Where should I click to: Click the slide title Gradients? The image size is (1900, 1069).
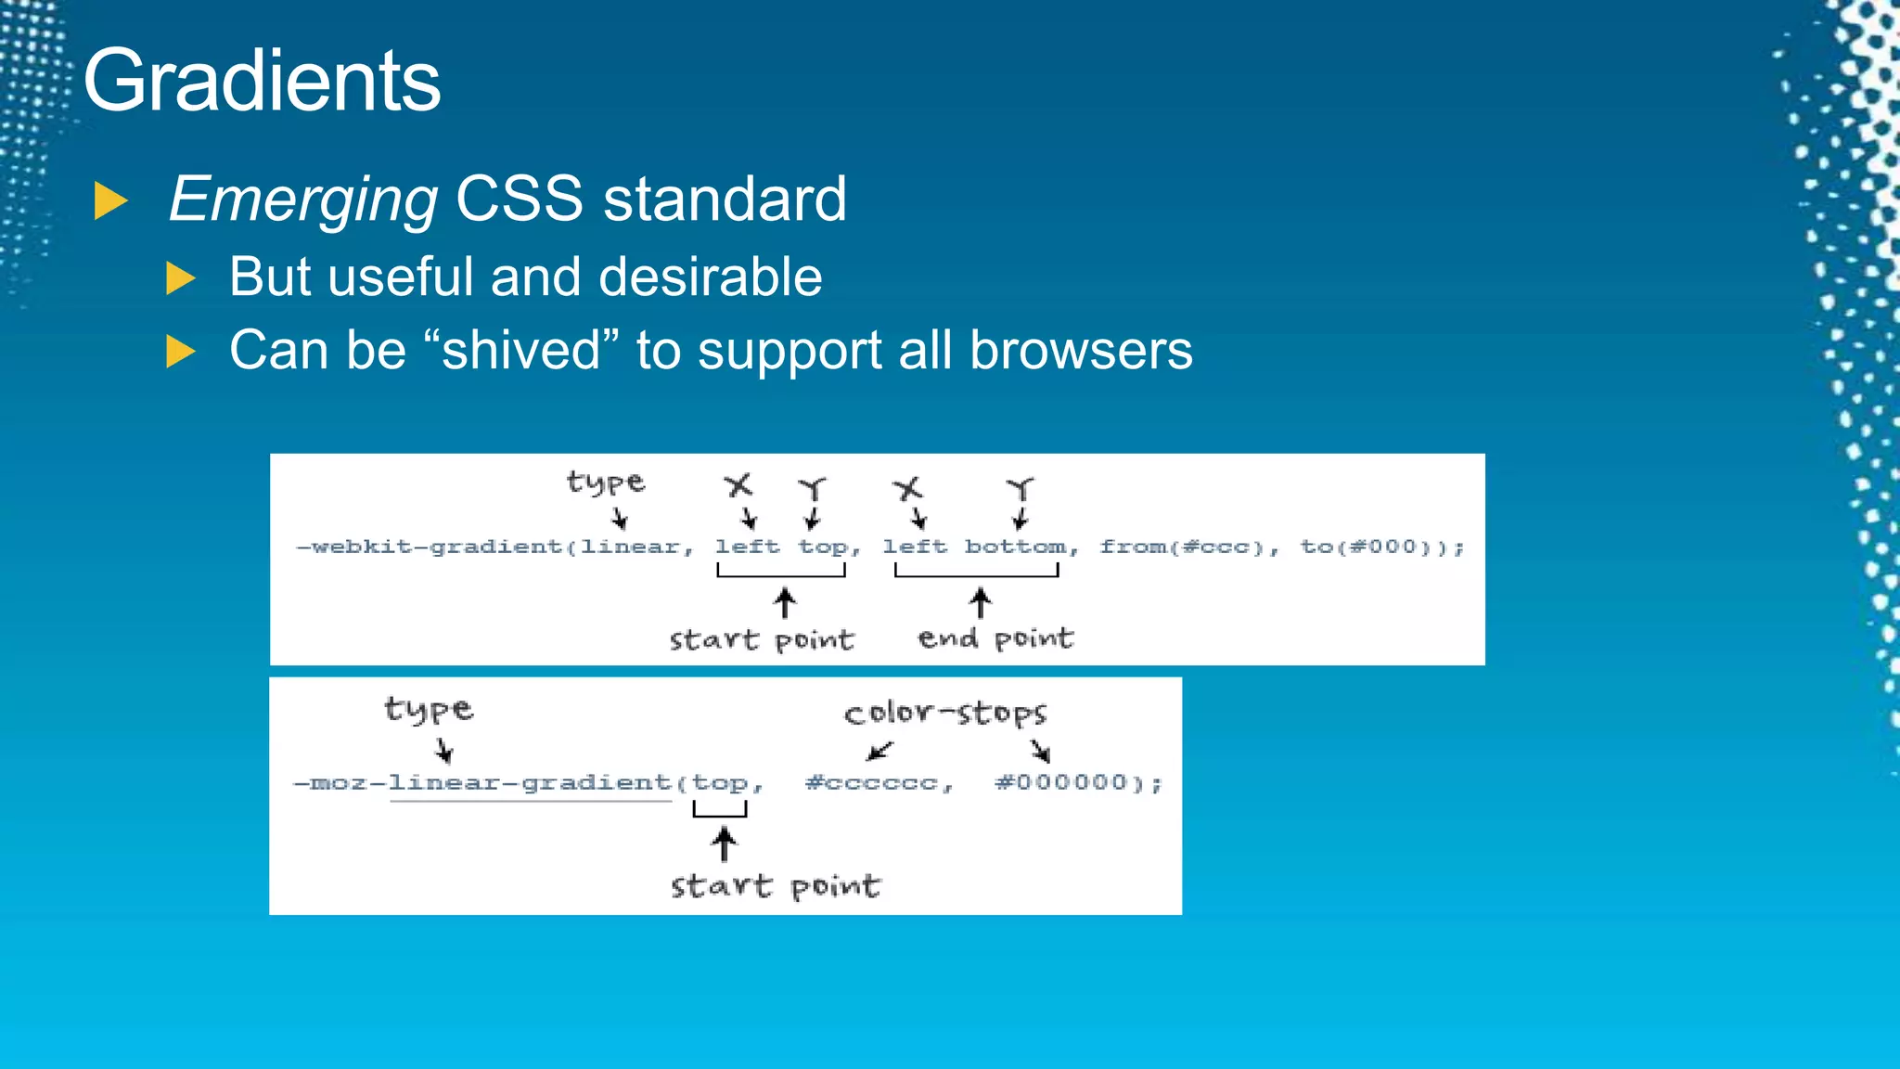[262, 82]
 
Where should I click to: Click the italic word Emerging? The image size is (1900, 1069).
[303, 200]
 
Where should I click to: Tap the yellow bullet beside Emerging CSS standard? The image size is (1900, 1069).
[110, 201]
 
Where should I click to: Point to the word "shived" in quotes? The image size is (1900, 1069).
[520, 350]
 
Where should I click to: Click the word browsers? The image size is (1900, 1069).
[1081, 351]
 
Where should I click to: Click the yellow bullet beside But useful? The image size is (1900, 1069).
[180, 277]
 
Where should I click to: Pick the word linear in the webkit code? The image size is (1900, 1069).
[631, 547]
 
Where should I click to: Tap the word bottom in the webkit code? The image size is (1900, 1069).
[1016, 547]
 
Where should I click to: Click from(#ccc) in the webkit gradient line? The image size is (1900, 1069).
[1183, 547]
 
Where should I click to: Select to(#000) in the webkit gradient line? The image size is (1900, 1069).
[1374, 547]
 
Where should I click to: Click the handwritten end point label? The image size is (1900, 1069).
[995, 638]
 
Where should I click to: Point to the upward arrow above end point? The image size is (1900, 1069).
[981, 602]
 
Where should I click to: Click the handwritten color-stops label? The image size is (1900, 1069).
[945, 713]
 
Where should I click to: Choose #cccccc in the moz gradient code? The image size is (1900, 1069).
[872, 783]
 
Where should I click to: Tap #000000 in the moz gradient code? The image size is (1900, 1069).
[1062, 783]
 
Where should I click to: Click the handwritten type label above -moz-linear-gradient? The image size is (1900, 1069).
[429, 710]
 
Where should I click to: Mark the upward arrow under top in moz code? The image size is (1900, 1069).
[724, 844]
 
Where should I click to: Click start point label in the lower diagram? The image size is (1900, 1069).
[776, 886]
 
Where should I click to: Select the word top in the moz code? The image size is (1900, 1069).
[720, 783]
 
